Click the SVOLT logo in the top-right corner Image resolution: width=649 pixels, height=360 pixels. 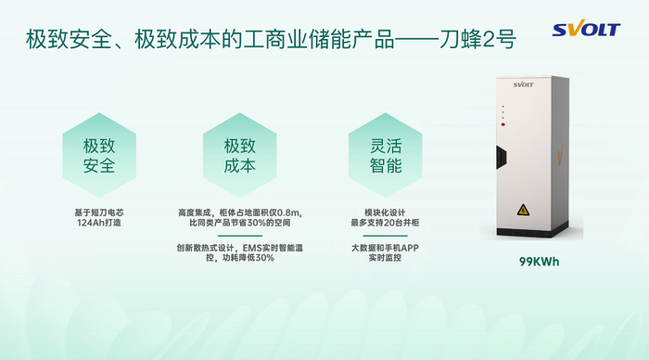[586, 28]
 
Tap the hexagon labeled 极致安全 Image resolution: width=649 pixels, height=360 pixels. [99, 155]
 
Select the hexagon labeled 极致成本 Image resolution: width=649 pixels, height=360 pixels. [239, 155]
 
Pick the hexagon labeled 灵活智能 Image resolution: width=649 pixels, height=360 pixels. [386, 155]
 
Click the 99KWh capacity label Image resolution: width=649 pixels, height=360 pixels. [540, 262]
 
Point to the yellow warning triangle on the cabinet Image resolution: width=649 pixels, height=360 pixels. [523, 210]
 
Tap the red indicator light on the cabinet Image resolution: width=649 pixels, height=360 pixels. [503, 124]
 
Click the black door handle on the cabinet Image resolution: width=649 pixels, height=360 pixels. [502, 157]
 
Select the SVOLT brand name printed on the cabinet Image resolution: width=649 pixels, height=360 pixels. [523, 84]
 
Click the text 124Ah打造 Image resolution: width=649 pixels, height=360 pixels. [99, 223]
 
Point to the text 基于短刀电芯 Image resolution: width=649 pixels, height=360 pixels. [99, 212]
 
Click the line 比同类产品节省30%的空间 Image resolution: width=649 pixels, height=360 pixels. [239, 223]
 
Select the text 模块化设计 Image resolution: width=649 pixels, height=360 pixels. [385, 212]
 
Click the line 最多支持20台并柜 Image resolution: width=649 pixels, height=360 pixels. [385, 223]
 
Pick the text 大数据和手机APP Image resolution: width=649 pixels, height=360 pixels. [385, 248]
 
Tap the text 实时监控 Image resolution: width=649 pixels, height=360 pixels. [385, 258]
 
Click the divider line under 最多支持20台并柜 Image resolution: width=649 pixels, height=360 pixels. [385, 236]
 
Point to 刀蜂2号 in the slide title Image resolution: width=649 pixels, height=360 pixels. [477, 40]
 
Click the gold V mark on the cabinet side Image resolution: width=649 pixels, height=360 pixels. [560, 155]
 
